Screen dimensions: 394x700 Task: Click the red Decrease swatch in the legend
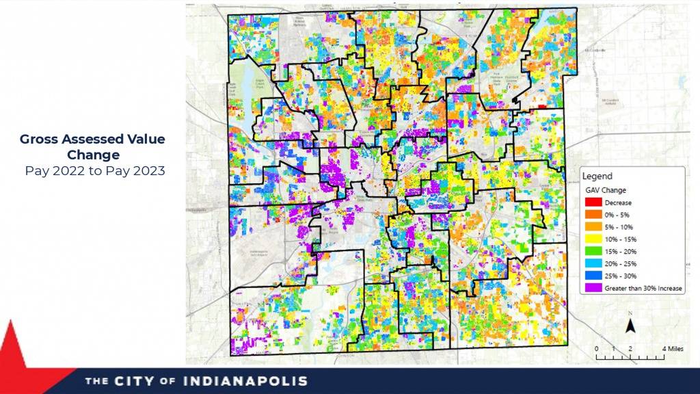[x=593, y=202]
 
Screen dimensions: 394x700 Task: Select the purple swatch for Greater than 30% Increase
[x=593, y=289]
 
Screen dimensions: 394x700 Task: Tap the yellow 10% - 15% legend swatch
[x=593, y=239]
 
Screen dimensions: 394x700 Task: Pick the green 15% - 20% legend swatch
[x=593, y=252]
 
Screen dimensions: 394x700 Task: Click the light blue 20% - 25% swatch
[x=593, y=264]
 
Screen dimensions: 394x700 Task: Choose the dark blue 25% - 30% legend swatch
[x=593, y=276]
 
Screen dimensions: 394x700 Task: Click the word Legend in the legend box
[x=597, y=176]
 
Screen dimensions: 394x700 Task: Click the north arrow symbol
[x=630, y=324]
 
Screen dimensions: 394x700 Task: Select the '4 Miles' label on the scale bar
[x=673, y=349]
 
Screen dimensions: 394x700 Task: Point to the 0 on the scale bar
[x=596, y=349]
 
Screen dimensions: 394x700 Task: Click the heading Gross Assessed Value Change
[x=92, y=147]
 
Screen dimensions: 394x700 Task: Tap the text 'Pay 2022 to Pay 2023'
[x=94, y=171]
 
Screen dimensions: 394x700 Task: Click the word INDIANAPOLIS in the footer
[x=245, y=381]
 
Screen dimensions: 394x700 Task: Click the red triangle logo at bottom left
[x=15, y=356]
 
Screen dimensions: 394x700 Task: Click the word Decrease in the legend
[x=618, y=202]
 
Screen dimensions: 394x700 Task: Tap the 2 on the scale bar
[x=630, y=349]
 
